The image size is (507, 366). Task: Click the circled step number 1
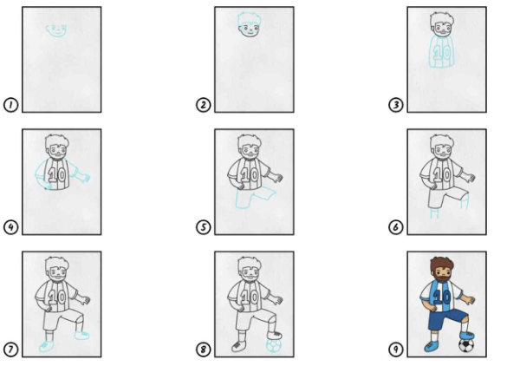[x=10, y=105]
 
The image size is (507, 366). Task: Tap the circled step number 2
[x=204, y=105]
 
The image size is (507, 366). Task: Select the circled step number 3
[x=396, y=105]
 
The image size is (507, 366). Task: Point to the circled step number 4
[x=10, y=227]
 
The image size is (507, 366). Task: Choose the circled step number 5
[x=204, y=227]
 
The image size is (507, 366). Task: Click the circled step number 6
[x=396, y=227]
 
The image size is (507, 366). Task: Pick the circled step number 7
[x=10, y=350]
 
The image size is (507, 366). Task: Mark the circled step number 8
[x=204, y=350]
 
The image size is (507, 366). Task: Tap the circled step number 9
[x=396, y=350]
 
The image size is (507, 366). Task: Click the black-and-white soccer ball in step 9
[x=466, y=345]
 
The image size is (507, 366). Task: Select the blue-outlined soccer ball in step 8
[x=274, y=345]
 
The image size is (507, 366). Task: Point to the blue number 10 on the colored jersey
[x=442, y=297]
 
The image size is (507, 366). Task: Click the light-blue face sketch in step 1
[x=57, y=30]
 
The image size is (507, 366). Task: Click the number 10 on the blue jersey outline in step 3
[x=442, y=52]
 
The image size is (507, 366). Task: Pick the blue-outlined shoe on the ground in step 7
[x=47, y=347]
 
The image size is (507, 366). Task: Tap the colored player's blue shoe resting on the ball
[x=467, y=336]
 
